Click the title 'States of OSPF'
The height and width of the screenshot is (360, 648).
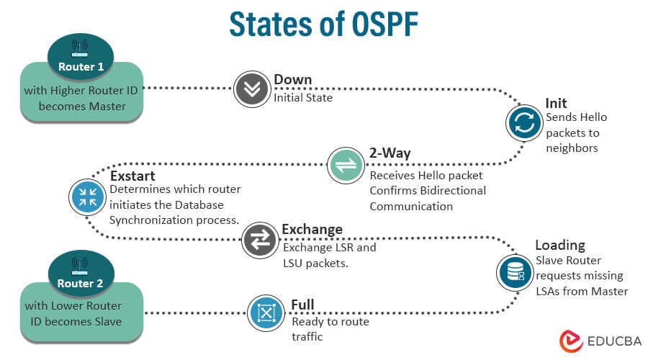coord(323,23)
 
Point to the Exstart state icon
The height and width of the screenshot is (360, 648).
coord(88,197)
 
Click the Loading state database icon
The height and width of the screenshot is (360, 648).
coord(515,272)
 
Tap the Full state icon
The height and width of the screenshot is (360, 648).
coord(266,312)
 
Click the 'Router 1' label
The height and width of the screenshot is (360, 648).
coord(81,67)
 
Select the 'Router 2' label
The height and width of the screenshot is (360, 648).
coord(81,283)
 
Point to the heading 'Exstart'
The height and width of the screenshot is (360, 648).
coord(134,175)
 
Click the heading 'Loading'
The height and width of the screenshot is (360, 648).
coord(560,245)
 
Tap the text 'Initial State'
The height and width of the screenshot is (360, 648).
coord(303,97)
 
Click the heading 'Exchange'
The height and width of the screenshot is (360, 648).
coord(312,230)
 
